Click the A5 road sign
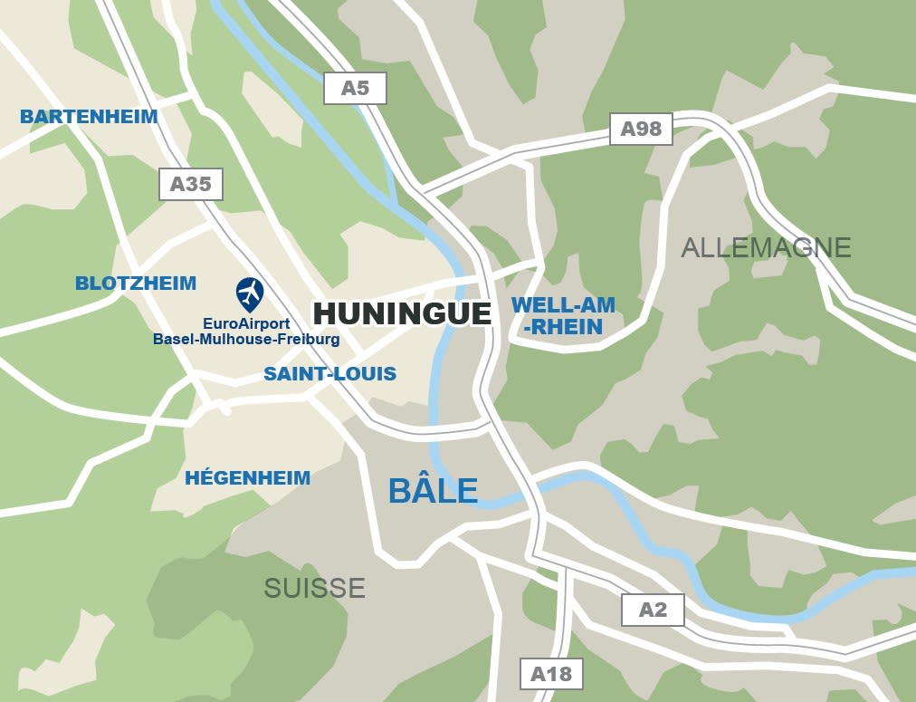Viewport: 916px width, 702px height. [x=355, y=88]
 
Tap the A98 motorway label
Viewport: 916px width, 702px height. [x=641, y=129]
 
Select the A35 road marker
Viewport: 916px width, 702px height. [x=190, y=184]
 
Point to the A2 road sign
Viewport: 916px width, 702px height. [x=653, y=610]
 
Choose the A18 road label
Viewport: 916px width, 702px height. [x=551, y=674]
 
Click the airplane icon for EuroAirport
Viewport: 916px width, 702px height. [x=250, y=293]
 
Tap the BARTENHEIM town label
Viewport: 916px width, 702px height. [x=89, y=117]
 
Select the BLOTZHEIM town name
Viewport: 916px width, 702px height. [x=136, y=284]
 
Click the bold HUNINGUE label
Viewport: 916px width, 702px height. [x=402, y=313]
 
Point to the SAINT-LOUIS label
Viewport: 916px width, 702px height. [x=329, y=374]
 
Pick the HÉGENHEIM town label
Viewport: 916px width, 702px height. [x=247, y=478]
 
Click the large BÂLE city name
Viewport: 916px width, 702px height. [x=433, y=491]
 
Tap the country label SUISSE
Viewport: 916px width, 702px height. [x=314, y=588]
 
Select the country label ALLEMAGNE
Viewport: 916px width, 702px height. [x=766, y=247]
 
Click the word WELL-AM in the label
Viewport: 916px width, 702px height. [x=563, y=305]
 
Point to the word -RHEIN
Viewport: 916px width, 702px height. [x=563, y=327]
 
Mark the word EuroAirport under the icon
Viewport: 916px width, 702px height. [x=246, y=323]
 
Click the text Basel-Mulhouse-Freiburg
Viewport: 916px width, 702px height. [x=246, y=340]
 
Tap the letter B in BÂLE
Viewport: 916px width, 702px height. [x=400, y=491]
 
